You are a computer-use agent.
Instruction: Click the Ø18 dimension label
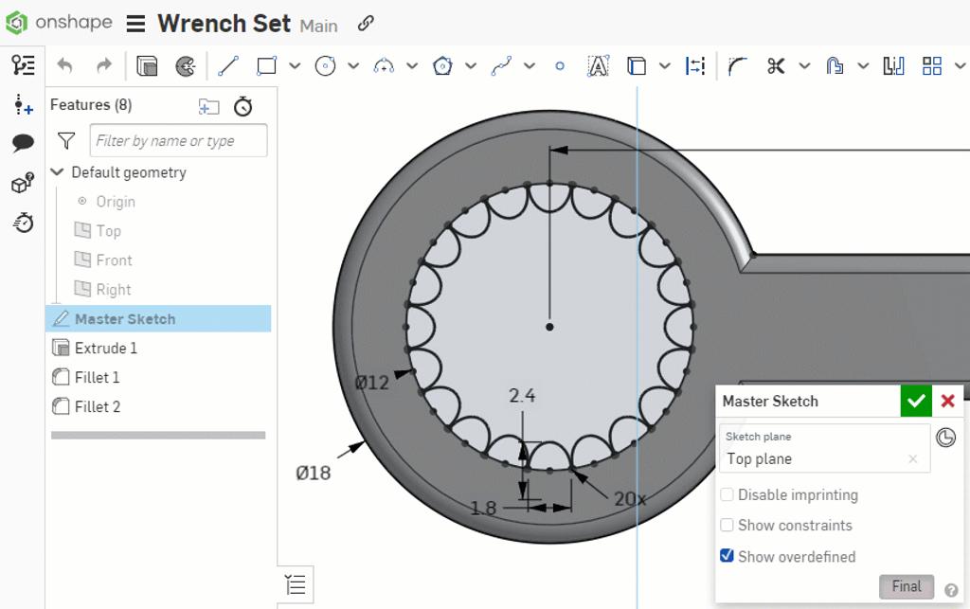pos(313,473)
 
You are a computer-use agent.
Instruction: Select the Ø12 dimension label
pos(371,383)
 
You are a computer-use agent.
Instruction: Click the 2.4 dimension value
pos(522,396)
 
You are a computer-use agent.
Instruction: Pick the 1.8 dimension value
pos(483,509)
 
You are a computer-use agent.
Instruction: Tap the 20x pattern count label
pos(630,499)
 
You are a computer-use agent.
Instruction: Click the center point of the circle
pos(549,327)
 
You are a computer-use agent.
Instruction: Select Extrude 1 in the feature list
pos(106,348)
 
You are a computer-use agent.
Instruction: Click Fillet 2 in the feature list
pos(98,406)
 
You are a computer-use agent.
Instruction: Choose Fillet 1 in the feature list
pos(98,377)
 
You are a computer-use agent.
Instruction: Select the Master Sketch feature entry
pos(125,319)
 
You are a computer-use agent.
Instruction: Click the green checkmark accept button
pos(916,401)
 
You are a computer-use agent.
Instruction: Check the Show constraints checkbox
pos(727,525)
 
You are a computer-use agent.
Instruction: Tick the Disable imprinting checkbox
pos(727,494)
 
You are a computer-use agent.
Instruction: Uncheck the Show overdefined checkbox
pos(727,556)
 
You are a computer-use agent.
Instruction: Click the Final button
pos(906,586)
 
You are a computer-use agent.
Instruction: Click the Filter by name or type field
pos(178,141)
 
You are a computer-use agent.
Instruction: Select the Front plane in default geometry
pos(114,260)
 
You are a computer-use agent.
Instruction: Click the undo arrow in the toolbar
pos(65,65)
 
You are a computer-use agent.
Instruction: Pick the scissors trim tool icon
pos(776,65)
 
